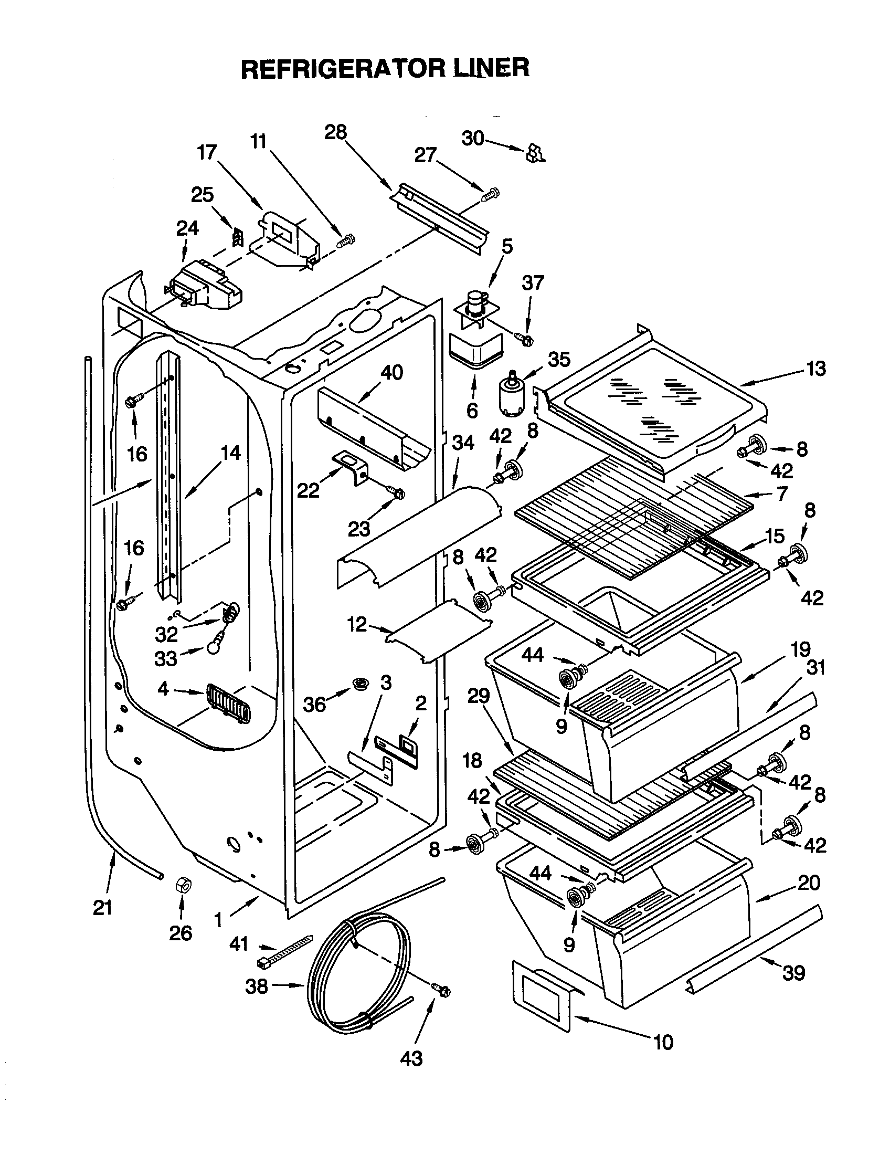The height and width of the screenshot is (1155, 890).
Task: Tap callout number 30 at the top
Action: coord(472,139)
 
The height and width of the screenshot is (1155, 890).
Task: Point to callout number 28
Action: coord(336,132)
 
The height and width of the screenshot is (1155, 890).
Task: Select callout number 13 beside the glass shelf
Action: coord(815,369)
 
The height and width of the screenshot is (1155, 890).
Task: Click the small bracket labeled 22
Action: coord(351,466)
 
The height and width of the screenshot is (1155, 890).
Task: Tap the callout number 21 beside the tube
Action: coord(102,908)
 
